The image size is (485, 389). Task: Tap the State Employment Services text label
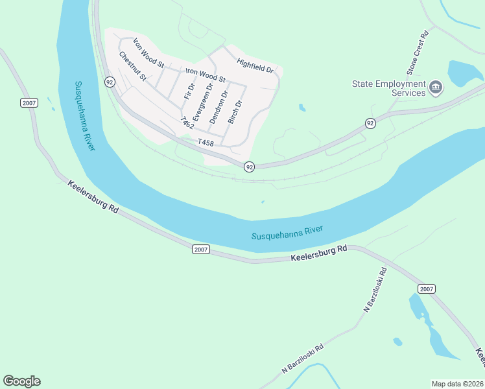click(x=389, y=88)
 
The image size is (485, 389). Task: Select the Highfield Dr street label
click(x=255, y=66)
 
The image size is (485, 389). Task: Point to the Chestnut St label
click(x=133, y=66)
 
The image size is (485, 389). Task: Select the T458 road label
click(x=206, y=142)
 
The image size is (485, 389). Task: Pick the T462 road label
click(x=187, y=124)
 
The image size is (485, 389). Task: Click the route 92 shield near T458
click(x=249, y=167)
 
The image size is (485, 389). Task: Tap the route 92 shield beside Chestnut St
click(x=109, y=82)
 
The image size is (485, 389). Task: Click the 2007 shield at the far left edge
click(x=29, y=103)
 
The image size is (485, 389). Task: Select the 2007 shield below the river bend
click(x=200, y=250)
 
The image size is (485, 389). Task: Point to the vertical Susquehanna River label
click(x=84, y=116)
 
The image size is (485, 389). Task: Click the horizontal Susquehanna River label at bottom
click(x=287, y=233)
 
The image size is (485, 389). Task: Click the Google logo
click(x=21, y=381)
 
